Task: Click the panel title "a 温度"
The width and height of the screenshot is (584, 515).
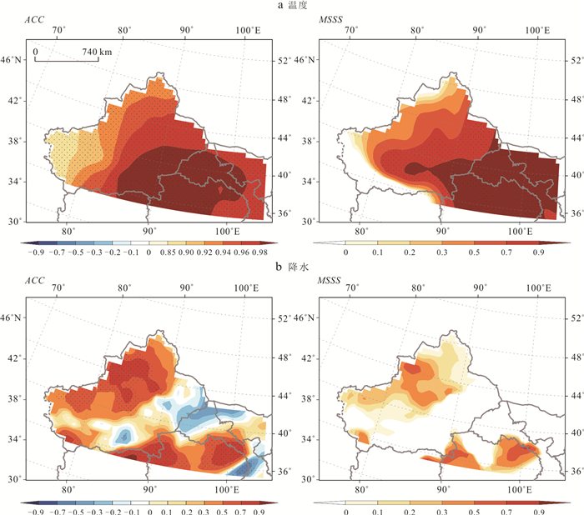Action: click(x=292, y=6)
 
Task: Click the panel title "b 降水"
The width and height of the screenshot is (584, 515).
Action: click(x=292, y=265)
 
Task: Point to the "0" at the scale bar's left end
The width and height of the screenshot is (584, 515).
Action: click(x=36, y=52)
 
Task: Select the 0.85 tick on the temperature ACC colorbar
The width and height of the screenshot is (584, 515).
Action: click(x=165, y=250)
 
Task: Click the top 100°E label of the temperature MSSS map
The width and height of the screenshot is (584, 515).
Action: click(x=535, y=30)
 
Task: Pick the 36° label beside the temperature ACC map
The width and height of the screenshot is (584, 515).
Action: click(x=284, y=213)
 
